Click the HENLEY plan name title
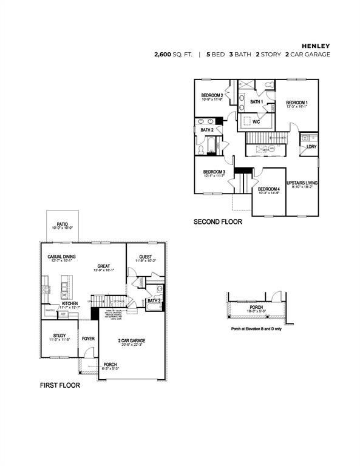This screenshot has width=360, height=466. coord(316,45)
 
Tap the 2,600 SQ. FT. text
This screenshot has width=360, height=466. coord(174,55)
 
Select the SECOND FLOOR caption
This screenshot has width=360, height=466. coord(217,222)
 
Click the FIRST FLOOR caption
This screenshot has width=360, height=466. coord(59,385)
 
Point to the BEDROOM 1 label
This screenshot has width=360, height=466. coord(297,103)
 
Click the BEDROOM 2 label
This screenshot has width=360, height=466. coord(212,96)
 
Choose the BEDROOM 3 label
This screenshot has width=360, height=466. coord(214,172)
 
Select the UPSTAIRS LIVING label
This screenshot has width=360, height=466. coord(302,183)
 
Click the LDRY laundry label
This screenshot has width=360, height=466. coord(311,147)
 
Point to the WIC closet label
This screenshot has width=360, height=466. coord(256,121)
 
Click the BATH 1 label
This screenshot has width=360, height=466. coord(256,102)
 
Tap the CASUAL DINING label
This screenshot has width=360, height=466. coord(61,257)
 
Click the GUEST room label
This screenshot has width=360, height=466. coord(146,257)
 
